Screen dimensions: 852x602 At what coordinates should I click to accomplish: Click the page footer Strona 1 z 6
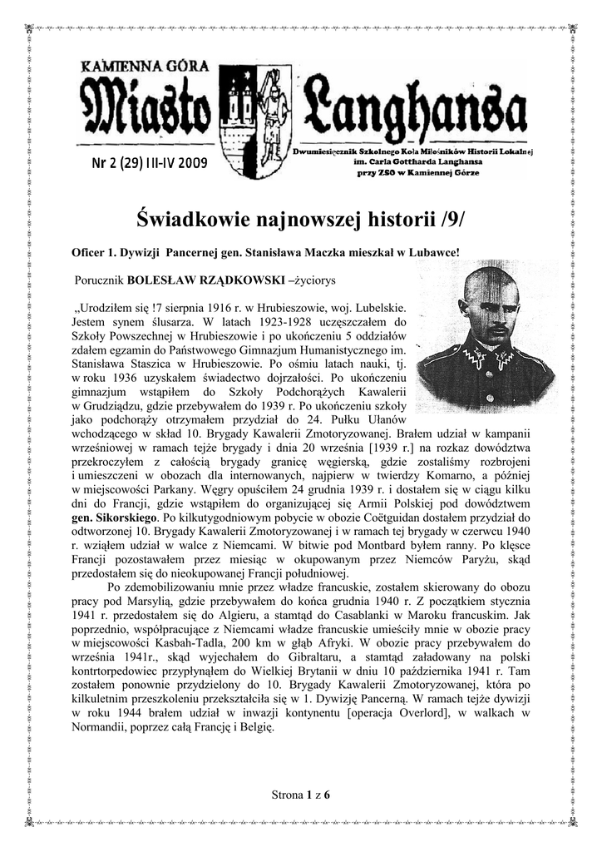pos(301,795)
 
